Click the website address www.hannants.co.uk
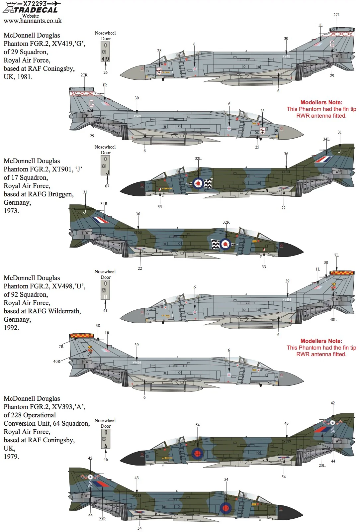click(33, 21)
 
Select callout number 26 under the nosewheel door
click(105, 72)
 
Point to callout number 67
click(107, 186)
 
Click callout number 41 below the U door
click(105, 310)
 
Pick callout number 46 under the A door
click(106, 459)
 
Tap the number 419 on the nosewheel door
click(105, 59)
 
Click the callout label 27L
click(336, 15)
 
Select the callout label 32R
click(226, 222)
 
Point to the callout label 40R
click(57, 362)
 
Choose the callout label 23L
click(322, 465)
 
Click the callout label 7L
click(336, 255)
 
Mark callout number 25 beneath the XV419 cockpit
click(257, 147)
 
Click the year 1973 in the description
click(11, 211)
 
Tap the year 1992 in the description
click(11, 328)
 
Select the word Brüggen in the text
click(61, 194)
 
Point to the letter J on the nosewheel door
click(108, 173)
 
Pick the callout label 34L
click(326, 139)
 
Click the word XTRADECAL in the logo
click(31, 10)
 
